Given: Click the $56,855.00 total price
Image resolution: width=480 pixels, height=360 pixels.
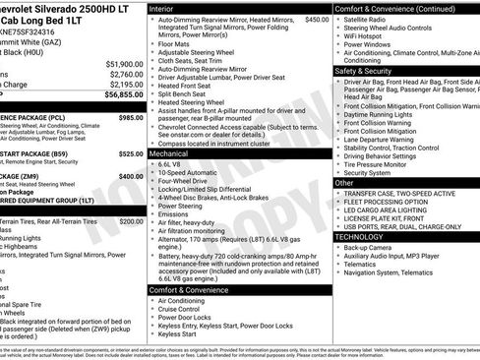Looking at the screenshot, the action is pyautogui.click(x=124, y=95).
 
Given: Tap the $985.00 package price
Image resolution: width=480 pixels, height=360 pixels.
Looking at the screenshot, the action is pyautogui.click(x=131, y=117).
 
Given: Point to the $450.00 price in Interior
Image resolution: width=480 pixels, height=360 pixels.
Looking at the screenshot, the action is pyautogui.click(x=317, y=20).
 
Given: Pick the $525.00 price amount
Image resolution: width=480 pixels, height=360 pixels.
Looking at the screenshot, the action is pyautogui.click(x=131, y=153).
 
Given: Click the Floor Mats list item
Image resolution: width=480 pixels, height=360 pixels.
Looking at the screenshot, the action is pyautogui.click(x=178, y=43).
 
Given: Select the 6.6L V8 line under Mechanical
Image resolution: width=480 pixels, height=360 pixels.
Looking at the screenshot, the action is pyautogui.click(x=173, y=164).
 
